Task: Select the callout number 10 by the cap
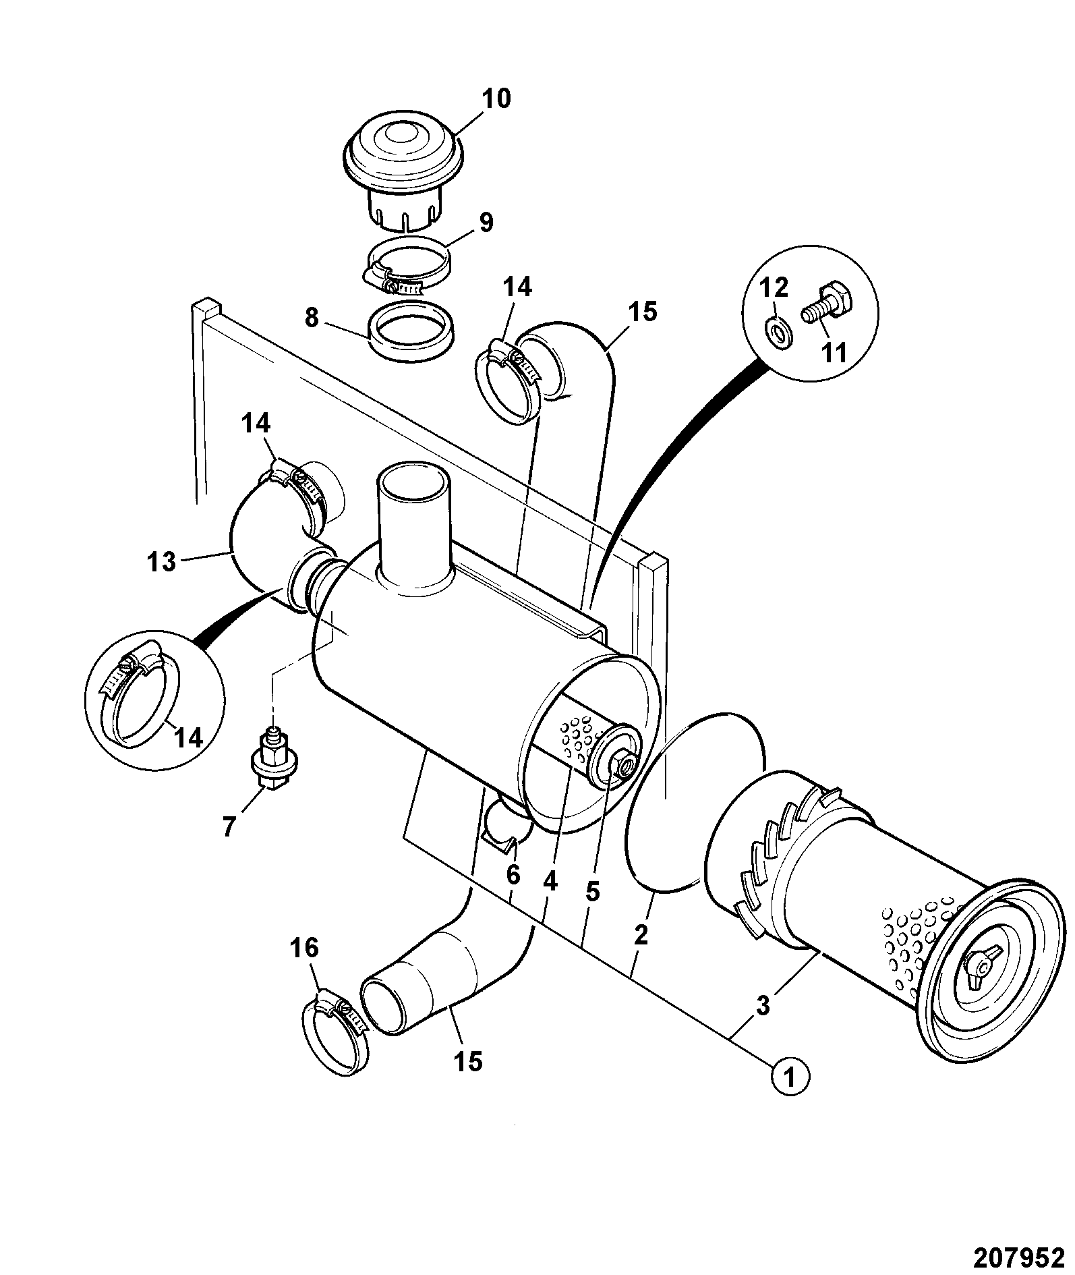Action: point(496,98)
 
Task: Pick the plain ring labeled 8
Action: point(411,331)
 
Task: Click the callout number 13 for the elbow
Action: point(162,561)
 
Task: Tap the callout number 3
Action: point(763,1006)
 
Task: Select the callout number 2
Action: point(641,934)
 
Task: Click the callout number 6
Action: point(513,875)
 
